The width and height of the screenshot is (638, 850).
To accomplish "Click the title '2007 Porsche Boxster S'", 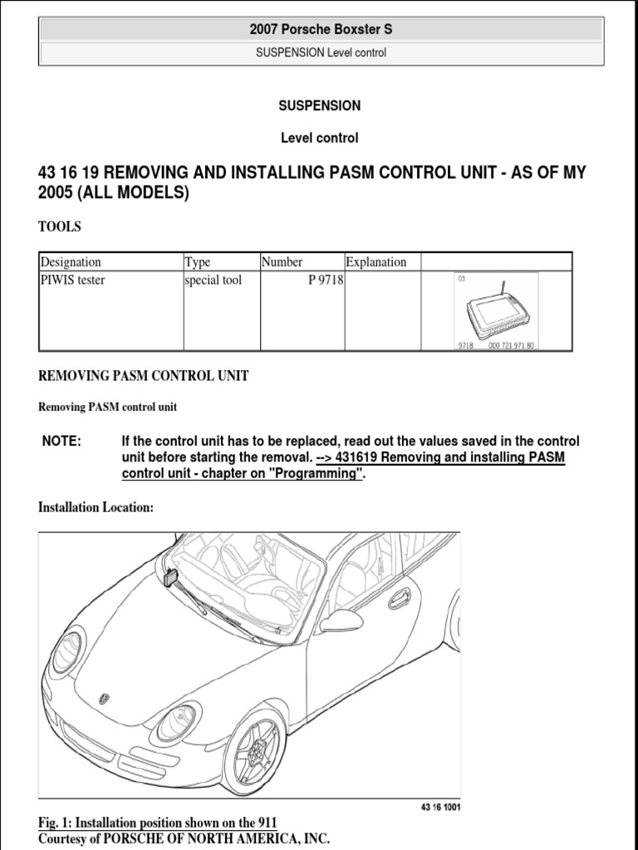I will tap(320, 29).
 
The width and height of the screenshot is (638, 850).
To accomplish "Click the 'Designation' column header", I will tap(71, 262).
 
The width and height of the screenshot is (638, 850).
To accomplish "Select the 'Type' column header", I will tap(198, 262).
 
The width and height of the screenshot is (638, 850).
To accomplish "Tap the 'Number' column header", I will tap(282, 262).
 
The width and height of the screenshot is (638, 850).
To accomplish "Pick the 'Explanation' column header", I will tap(376, 262).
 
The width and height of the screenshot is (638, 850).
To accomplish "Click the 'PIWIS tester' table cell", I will tap(73, 281).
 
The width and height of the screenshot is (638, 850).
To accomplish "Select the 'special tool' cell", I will tap(213, 281).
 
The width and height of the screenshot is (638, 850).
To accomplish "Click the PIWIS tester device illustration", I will tap(496, 311).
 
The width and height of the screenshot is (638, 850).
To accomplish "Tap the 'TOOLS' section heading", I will tap(60, 227).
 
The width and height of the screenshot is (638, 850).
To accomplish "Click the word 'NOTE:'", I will tap(61, 441).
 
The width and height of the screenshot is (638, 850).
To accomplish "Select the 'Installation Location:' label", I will tap(96, 508).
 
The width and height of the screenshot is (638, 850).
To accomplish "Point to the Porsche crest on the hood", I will tap(104, 699).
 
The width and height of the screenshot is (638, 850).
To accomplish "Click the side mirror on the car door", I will tap(342, 620).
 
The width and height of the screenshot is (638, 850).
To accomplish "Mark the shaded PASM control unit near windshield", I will tap(173, 578).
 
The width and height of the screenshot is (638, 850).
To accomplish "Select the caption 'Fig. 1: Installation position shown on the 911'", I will tap(158, 823).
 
